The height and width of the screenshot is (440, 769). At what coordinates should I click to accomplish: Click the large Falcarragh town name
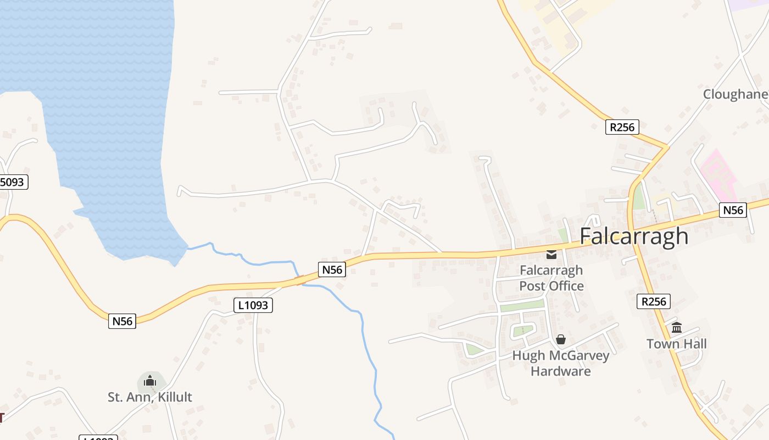634,236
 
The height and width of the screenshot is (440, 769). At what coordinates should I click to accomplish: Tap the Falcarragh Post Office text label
551,278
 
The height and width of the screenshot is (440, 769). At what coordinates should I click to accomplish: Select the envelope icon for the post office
551,255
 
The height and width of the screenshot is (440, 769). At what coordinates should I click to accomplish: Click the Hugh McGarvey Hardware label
561,363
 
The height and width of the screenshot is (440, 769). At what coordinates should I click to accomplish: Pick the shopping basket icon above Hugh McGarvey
561,339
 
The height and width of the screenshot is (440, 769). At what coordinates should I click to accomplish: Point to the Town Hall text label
676,344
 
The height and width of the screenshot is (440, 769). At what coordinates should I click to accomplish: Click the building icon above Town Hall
677,328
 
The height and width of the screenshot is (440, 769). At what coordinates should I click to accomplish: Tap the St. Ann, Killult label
150,397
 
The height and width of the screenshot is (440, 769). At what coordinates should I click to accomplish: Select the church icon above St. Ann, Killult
150,381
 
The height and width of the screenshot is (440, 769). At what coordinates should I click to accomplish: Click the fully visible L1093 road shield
253,305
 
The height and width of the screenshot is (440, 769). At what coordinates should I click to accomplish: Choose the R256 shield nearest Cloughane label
622,127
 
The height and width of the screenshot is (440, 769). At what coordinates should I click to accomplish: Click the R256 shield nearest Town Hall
654,301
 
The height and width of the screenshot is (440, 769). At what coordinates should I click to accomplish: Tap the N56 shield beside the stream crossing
332,269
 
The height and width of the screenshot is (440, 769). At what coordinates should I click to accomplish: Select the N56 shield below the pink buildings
733,210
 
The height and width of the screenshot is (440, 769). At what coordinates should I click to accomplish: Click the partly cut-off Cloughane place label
735,95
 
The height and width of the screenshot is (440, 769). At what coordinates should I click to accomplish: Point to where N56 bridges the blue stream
300,280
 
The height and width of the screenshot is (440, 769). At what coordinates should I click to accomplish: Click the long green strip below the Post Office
521,306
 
